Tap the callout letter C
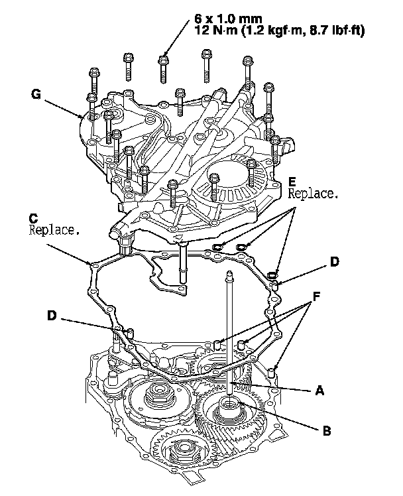[33, 218]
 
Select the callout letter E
[292, 182]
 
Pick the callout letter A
[320, 391]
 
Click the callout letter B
[325, 430]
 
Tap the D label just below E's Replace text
[335, 263]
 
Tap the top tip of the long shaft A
[228, 274]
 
